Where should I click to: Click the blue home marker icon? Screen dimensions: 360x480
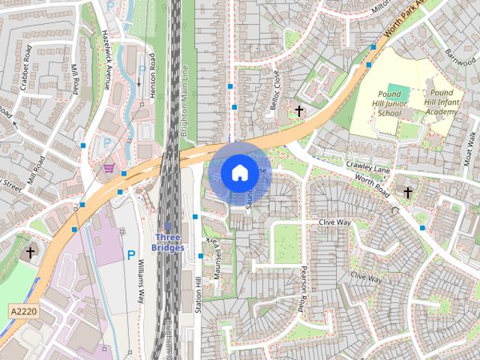pos(239,172)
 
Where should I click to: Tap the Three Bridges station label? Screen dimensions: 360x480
pos(167,242)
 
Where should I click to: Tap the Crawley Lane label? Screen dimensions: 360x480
pos(364,164)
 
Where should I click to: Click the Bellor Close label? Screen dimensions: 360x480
pos(275,89)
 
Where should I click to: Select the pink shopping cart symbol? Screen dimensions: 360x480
pos(109,167)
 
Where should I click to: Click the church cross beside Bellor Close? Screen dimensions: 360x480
pos(299,111)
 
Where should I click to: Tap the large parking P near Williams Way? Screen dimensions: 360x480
pos(131,256)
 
